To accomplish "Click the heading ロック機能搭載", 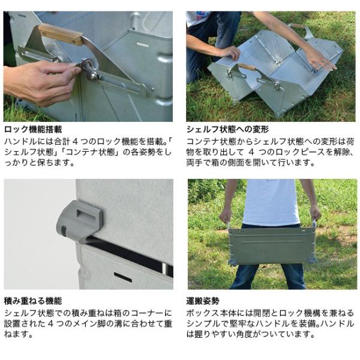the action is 33,130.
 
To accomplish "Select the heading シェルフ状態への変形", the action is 227,130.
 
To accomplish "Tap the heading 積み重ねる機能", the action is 33,301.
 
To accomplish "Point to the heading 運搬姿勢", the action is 203,301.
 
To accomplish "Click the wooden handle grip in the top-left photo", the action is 61,34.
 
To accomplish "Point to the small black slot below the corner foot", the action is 123,277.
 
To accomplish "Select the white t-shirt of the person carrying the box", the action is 271,202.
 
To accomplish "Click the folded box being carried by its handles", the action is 272,245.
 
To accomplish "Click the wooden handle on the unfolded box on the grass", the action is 247,67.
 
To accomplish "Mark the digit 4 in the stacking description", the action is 51,324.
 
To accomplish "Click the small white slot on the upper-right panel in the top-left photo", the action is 143,44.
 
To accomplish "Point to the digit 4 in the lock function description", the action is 76,142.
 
